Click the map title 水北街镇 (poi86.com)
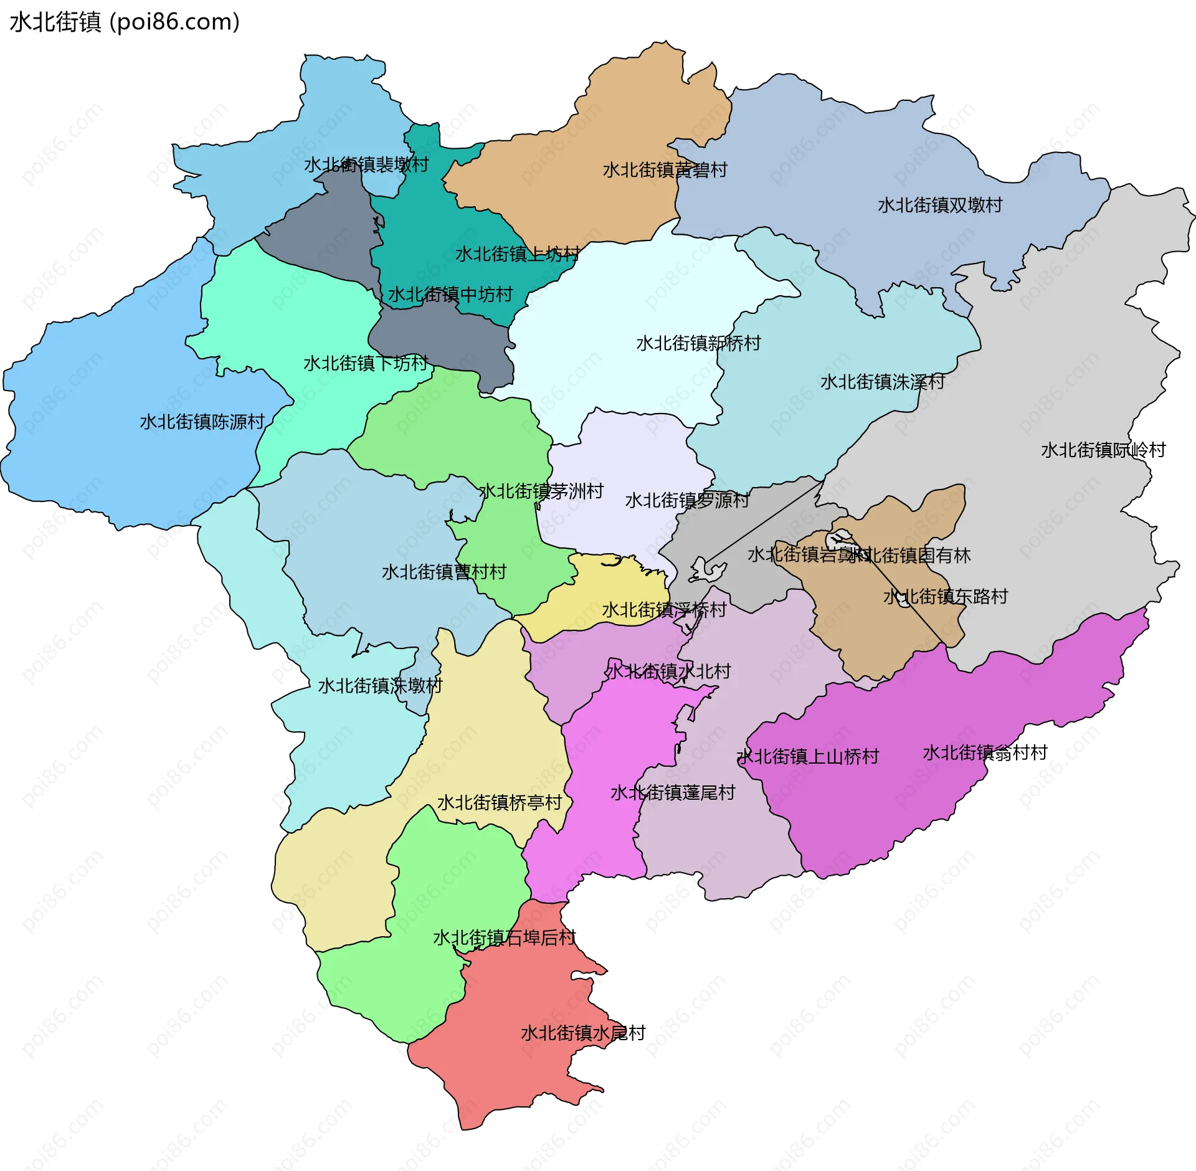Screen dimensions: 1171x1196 (125, 22)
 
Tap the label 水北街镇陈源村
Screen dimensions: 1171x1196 (202, 422)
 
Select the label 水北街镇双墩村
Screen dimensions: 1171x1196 (940, 205)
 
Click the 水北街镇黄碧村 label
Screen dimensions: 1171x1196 (665, 170)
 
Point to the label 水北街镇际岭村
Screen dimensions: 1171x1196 (1103, 450)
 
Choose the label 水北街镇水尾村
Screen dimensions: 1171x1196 (583, 1033)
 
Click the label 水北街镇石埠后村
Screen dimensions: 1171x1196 (505, 937)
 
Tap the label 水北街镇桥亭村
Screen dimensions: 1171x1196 (500, 802)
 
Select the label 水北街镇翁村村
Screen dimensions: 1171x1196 (985, 752)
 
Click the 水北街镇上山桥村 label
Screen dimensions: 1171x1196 (808, 756)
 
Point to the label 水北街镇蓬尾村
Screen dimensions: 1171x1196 (673, 792)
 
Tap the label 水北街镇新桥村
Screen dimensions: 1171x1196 (698, 343)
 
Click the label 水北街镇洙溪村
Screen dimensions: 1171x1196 (883, 382)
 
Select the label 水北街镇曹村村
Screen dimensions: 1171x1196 (444, 572)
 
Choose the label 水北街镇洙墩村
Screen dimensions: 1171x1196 (380, 686)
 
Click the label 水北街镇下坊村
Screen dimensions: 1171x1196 (366, 363)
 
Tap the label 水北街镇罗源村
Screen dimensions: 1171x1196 (687, 500)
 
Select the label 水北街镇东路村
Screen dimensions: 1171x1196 (946, 596)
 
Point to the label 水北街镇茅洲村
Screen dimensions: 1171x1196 (541, 491)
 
